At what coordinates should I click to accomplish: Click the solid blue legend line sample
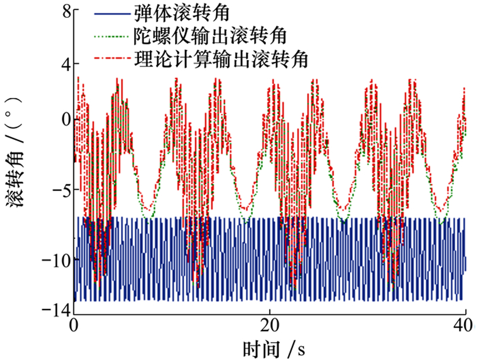pyautogui.click(x=112, y=14)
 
